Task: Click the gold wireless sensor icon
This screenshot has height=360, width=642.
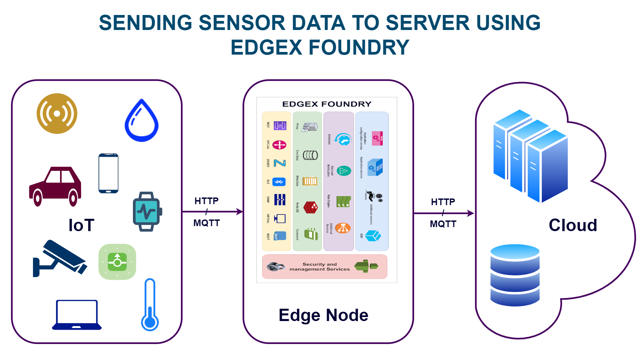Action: coord(57,114)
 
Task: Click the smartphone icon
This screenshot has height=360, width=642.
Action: coord(109,173)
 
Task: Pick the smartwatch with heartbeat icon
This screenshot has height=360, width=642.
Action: coord(147,211)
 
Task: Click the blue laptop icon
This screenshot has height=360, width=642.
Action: coord(77,315)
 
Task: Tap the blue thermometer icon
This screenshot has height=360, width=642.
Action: coord(150,305)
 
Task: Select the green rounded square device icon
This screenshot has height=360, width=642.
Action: coord(117,262)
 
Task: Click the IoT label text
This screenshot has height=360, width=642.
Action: coord(81,225)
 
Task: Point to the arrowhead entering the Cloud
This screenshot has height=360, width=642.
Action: coord(471,213)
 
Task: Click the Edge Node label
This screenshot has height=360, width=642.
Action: coord(323,315)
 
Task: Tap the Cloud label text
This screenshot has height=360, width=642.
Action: coord(573,225)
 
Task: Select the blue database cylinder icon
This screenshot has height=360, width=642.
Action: coord(515,275)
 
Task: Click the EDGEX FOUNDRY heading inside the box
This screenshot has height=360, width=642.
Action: coord(327,104)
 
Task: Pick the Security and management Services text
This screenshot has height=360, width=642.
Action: coord(320,267)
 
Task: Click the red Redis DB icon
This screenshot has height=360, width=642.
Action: coord(311,207)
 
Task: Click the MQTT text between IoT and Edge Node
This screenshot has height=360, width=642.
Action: coord(207,223)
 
